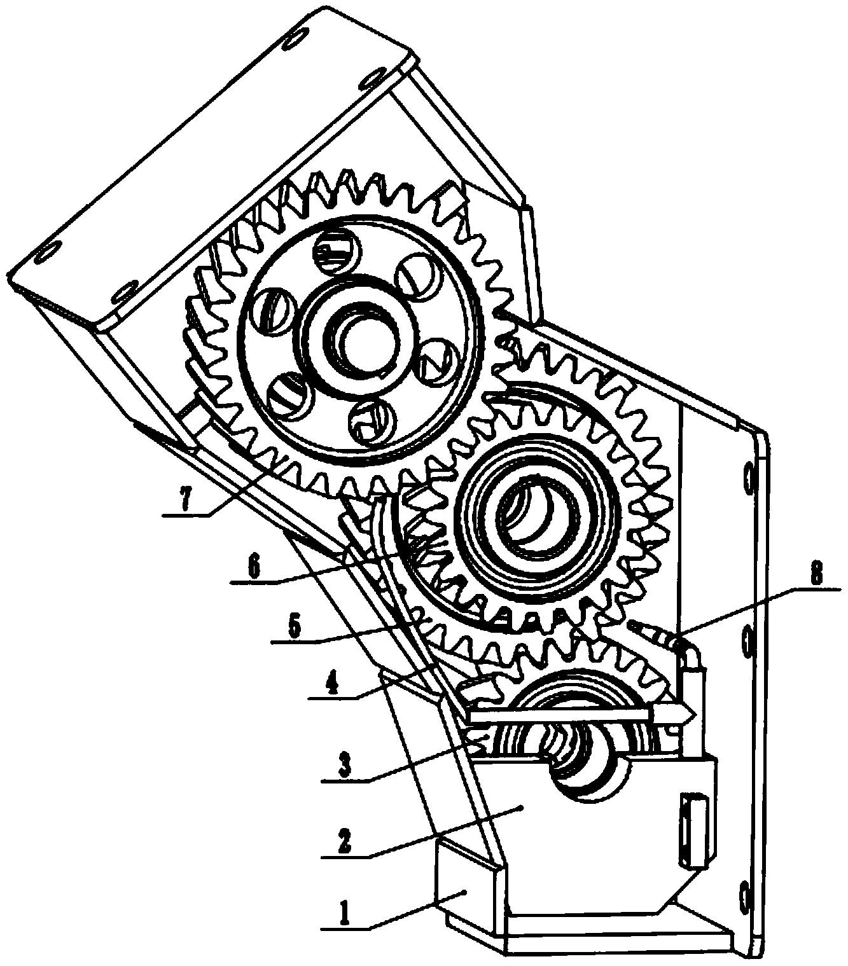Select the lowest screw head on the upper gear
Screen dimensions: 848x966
[x=373, y=420]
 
